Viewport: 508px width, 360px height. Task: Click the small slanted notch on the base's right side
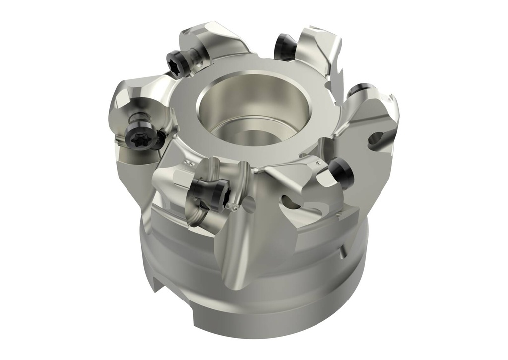pos(342,253)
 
